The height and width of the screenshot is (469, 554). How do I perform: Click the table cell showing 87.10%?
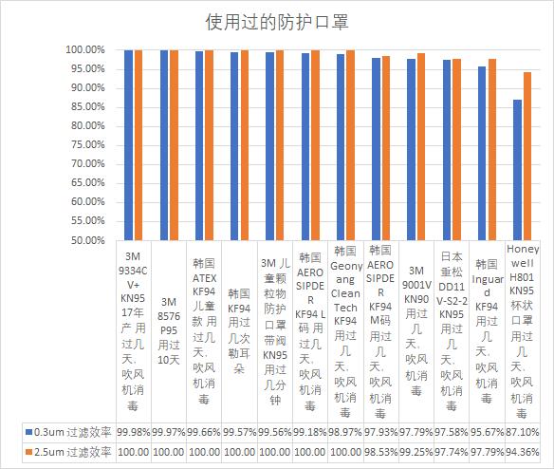[x=522, y=432]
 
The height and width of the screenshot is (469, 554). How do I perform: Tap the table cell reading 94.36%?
[x=522, y=452]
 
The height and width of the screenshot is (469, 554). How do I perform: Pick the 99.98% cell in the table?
[x=134, y=432]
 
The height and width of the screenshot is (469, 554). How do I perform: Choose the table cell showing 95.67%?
[x=487, y=432]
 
